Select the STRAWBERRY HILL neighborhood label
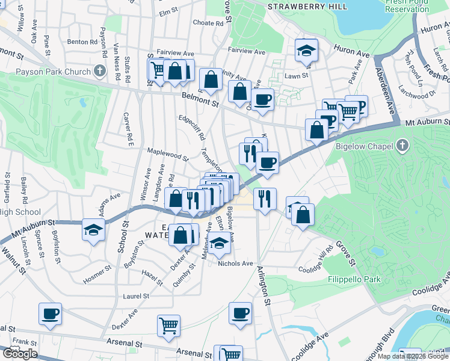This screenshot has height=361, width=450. pyautogui.click(x=307, y=6)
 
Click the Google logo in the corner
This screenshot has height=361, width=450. pyautogui.click(x=19, y=354)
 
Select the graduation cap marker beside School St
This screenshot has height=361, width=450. pyautogui.click(x=93, y=229)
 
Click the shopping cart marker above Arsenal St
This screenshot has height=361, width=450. pyautogui.click(x=169, y=326)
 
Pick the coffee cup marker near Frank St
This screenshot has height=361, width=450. pyautogui.click(x=51, y=313)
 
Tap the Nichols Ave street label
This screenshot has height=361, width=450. pyautogui.click(x=235, y=264)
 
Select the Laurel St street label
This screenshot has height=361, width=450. pyautogui.click(x=136, y=296)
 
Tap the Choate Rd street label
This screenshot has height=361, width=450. pyautogui.click(x=208, y=23)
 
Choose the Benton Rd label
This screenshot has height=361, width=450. pyautogui.click(x=82, y=42)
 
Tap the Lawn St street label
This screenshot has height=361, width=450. pyautogui.click(x=296, y=76)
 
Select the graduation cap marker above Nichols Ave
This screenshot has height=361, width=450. pyautogui.click(x=220, y=243)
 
